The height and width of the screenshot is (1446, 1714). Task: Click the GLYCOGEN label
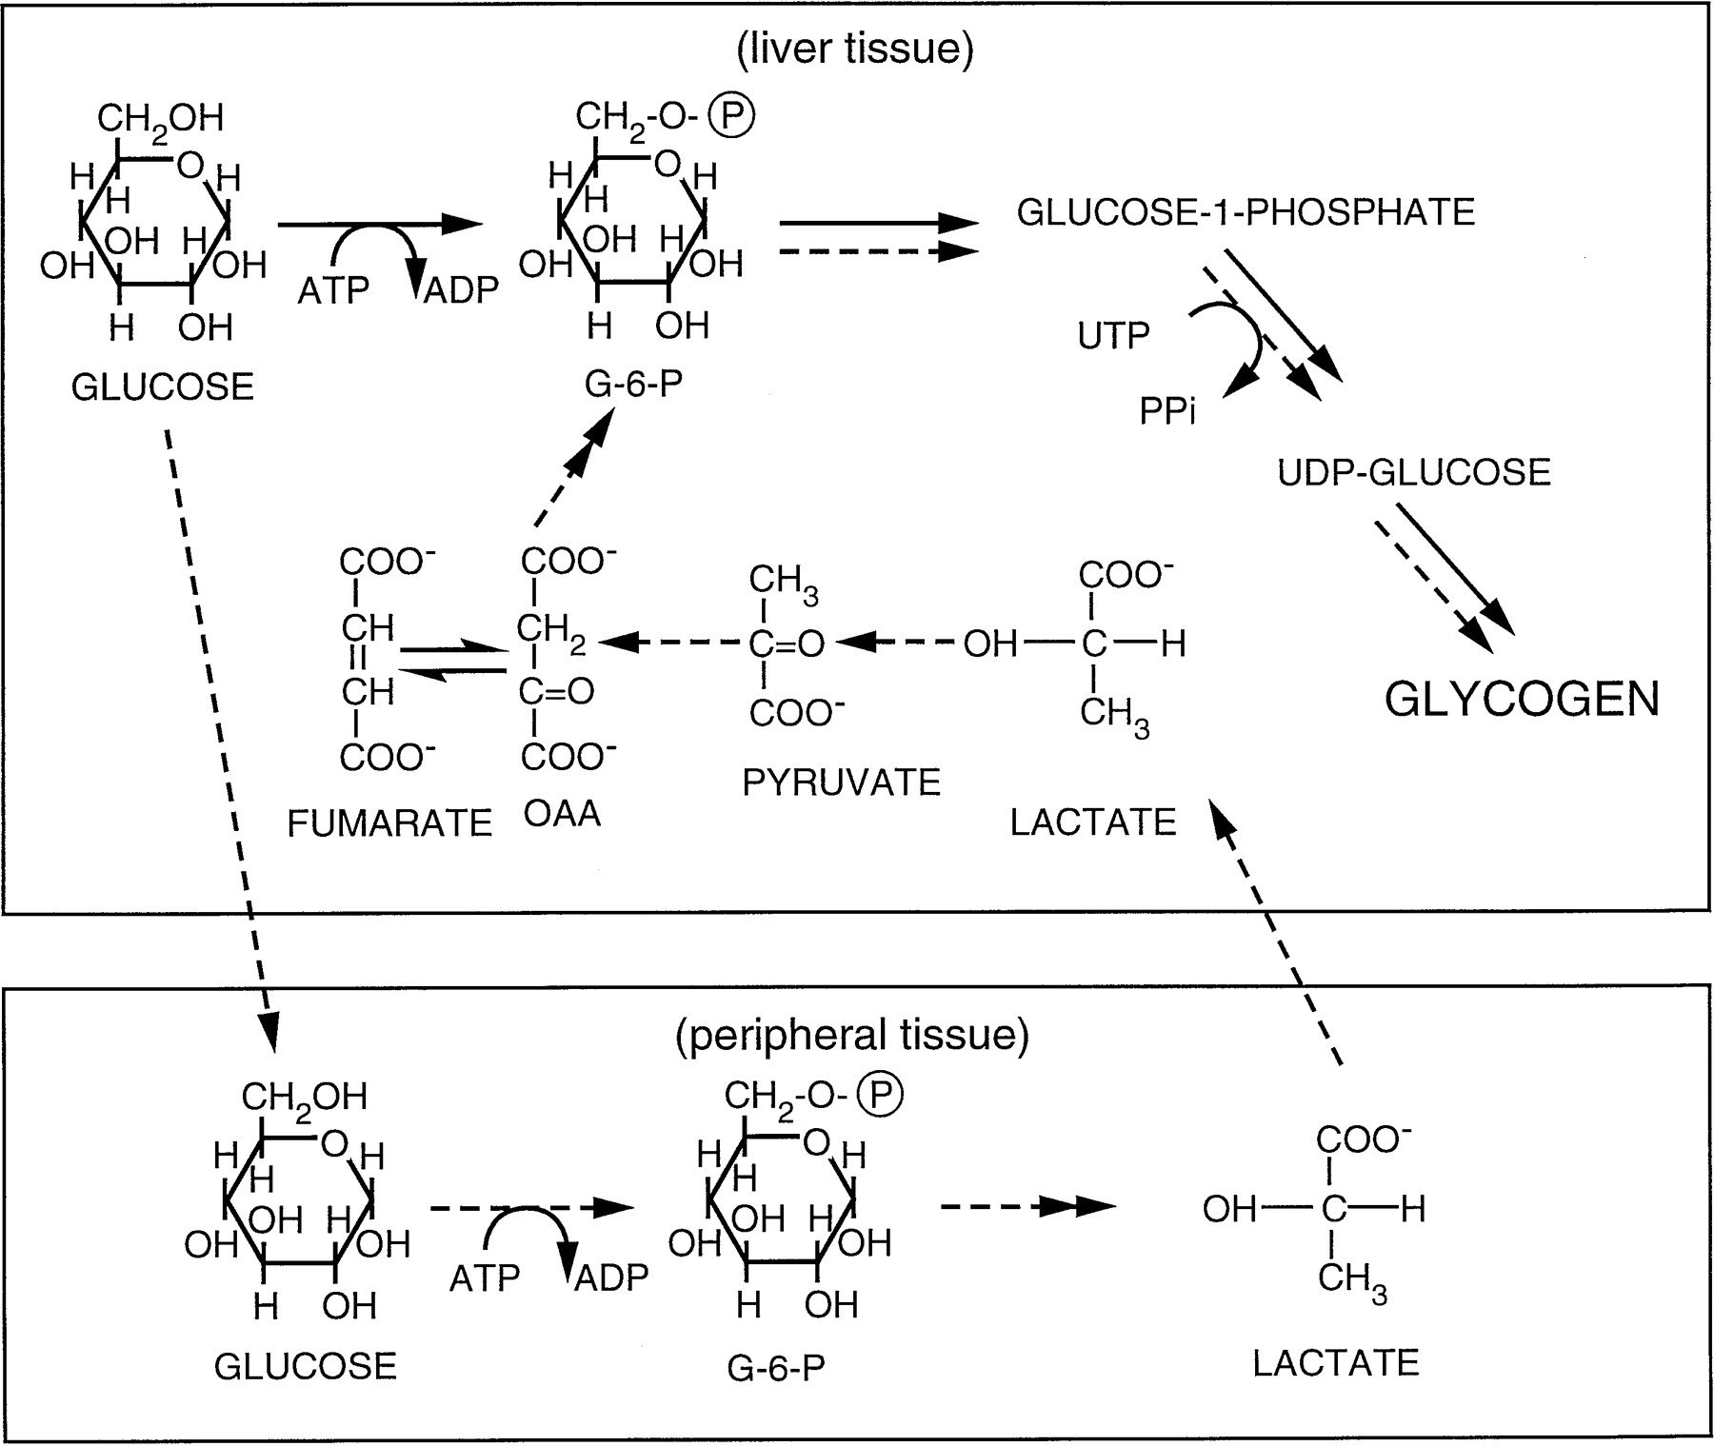(x=1522, y=700)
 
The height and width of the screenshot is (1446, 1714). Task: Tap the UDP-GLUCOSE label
(x=1414, y=472)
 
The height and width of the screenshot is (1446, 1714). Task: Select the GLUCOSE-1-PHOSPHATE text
(x=1246, y=211)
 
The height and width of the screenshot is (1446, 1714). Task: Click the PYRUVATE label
(x=842, y=782)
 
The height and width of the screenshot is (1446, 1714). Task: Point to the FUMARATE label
(x=389, y=823)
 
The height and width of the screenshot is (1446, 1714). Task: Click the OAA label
(x=562, y=815)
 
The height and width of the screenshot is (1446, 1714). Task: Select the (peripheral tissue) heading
(x=852, y=1036)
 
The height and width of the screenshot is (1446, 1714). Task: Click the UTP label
(x=1113, y=335)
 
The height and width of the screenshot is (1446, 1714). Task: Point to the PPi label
(x=1166, y=411)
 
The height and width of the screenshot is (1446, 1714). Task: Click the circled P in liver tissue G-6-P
(x=734, y=116)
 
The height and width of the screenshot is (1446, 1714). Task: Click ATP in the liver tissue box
(x=333, y=291)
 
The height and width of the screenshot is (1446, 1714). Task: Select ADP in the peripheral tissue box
(x=611, y=1278)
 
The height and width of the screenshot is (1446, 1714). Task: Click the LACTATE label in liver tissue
(x=1093, y=822)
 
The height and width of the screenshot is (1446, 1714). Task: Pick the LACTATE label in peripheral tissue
(x=1335, y=1363)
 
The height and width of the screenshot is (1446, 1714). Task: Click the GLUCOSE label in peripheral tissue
(x=305, y=1366)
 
